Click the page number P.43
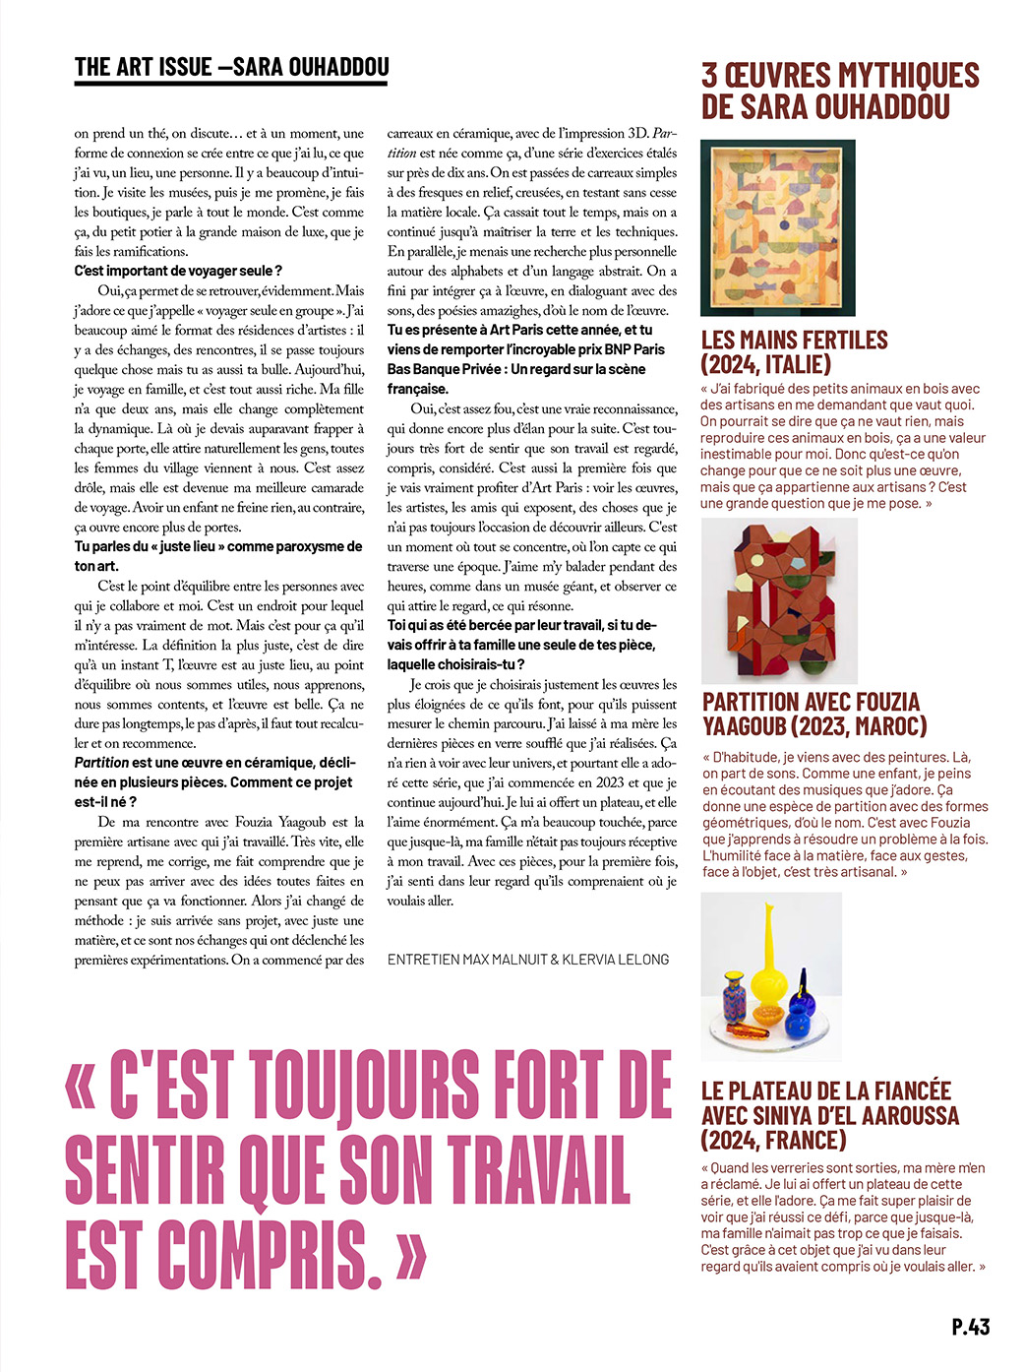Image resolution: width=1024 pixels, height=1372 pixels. [970, 1326]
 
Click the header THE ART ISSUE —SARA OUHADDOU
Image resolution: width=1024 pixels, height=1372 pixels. [232, 67]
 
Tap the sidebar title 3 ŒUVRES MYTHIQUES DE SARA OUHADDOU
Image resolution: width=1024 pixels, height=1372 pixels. [839, 91]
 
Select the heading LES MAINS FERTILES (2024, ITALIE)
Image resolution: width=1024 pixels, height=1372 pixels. [794, 352]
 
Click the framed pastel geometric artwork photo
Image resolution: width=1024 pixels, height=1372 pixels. [777, 227]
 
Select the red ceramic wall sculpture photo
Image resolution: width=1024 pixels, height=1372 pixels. [779, 601]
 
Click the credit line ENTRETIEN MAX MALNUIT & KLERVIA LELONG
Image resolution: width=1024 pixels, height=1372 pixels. [528, 959]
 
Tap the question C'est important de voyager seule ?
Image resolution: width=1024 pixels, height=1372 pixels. [178, 271]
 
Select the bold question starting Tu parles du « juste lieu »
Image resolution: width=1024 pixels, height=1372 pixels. [217, 556]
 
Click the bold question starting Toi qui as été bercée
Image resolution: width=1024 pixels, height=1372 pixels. [521, 645]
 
